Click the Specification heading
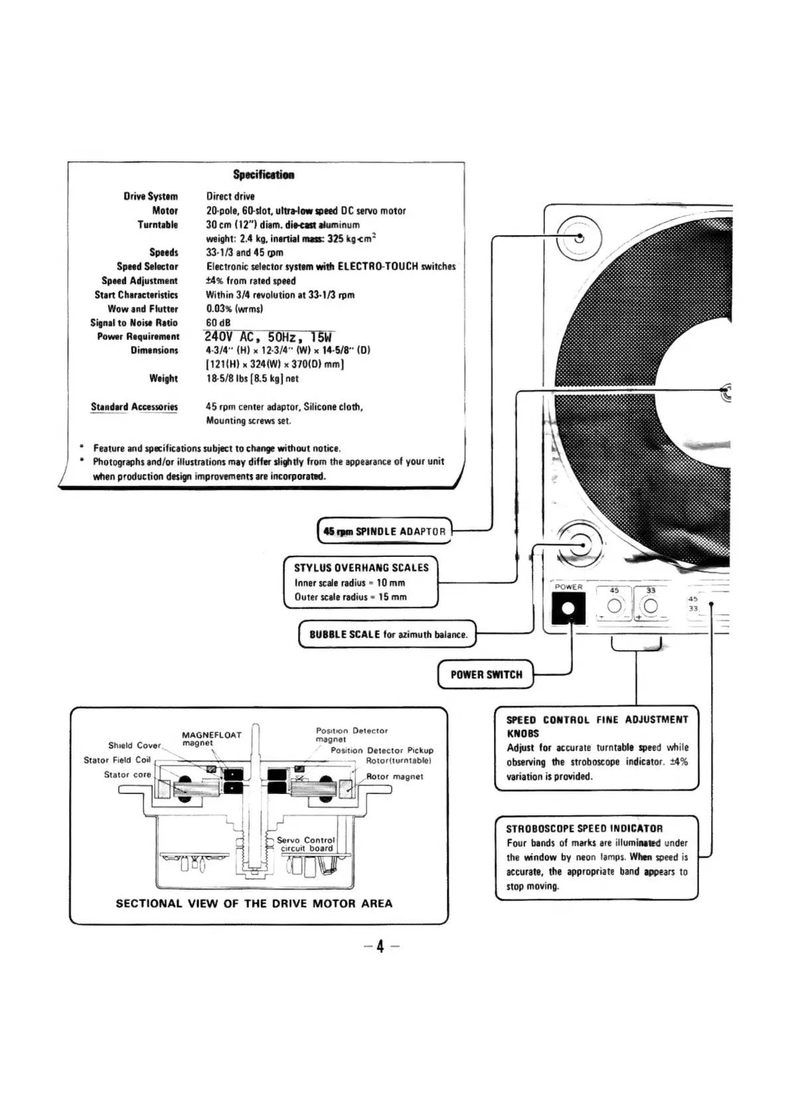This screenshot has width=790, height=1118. tap(264, 175)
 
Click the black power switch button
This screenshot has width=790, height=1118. tap(568, 609)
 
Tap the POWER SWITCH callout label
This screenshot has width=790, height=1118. tap(486, 675)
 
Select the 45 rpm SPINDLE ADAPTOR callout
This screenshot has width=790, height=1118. tap(384, 531)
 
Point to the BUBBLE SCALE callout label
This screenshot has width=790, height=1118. tap(388, 634)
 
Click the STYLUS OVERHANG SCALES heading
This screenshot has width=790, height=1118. tap(361, 568)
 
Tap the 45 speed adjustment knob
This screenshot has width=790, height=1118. tap(614, 605)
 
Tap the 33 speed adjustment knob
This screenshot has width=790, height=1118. tap(651, 605)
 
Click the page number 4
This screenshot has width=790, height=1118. tap(380, 946)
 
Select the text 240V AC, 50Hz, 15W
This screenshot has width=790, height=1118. tap(268, 337)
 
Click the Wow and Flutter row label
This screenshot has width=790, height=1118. tap(143, 309)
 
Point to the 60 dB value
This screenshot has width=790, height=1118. tap(218, 323)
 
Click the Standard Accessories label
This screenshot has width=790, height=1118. tap(134, 406)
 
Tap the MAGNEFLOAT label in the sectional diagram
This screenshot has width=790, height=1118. tap(211, 735)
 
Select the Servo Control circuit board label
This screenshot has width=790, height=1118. tap(306, 844)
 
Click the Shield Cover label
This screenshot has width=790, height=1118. tap(135, 746)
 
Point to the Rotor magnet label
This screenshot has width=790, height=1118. tap(394, 776)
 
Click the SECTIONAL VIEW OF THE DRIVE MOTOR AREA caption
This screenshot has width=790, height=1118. tap(254, 903)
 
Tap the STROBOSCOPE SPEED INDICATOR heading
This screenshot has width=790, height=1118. tap(584, 829)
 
